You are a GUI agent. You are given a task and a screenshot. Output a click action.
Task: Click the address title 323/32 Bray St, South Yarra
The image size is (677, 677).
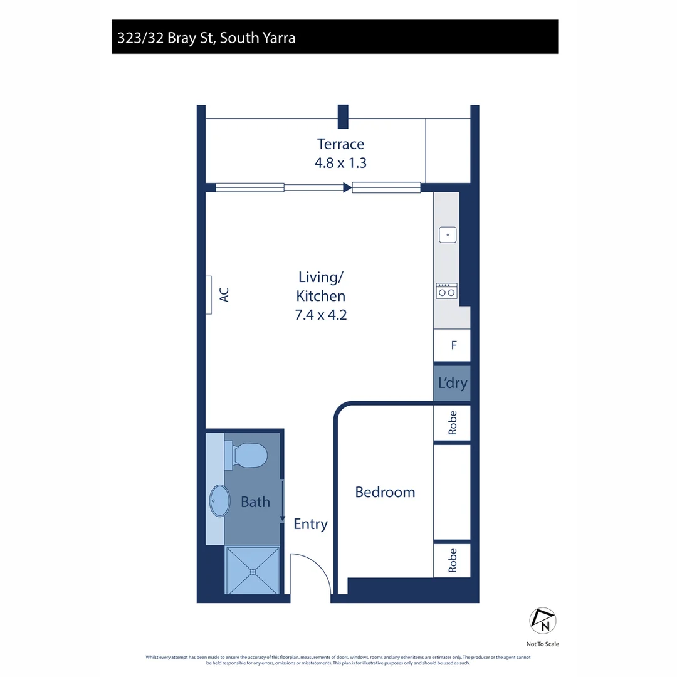[206, 38]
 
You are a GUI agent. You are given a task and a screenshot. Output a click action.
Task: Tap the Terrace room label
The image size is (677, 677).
[340, 144]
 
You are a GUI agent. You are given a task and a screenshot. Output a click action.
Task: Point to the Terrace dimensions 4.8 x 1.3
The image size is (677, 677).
[340, 163]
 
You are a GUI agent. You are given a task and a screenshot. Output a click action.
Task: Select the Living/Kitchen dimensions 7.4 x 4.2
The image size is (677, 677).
[321, 315]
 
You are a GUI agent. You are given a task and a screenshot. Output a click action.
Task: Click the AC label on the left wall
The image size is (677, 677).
[224, 295]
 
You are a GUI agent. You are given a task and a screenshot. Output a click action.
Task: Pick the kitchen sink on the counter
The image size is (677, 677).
[448, 235]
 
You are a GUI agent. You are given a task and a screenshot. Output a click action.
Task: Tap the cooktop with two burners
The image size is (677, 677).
[446, 291]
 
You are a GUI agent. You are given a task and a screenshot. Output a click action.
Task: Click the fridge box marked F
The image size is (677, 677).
[452, 345]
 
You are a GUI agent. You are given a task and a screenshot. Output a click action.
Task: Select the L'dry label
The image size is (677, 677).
[453, 383]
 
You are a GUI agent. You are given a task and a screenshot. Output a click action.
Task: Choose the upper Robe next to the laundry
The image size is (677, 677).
[453, 422]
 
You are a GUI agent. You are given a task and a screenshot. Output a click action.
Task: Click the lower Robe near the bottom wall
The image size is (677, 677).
[453, 560]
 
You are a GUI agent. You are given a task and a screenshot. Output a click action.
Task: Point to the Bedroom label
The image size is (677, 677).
[385, 492]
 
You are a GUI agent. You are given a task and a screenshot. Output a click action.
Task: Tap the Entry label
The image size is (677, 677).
[310, 524]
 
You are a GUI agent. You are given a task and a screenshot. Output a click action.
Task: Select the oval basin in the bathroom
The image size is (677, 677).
[220, 501]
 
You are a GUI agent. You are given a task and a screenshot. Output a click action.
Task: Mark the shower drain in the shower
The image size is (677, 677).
[253, 572]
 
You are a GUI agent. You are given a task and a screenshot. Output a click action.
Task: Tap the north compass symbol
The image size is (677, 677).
[543, 621]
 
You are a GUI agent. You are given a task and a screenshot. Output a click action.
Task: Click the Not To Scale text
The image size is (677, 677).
[543, 644]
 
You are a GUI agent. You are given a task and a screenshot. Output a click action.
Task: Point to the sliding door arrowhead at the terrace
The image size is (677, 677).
[347, 187]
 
